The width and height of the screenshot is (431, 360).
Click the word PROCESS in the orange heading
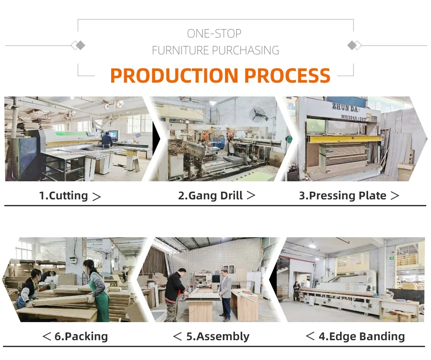click(287, 75)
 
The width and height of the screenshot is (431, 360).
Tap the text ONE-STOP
click(214, 33)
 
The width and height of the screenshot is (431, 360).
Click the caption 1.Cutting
click(63, 196)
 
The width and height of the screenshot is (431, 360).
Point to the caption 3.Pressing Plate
click(343, 196)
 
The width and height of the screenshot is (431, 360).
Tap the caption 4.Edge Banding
click(362, 336)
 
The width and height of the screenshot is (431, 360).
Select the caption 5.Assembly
click(218, 336)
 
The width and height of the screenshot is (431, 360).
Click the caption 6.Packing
click(81, 336)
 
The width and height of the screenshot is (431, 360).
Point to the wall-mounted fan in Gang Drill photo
click(258, 115)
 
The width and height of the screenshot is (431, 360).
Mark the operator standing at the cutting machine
click(106, 140)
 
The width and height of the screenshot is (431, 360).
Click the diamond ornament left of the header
click(78, 45)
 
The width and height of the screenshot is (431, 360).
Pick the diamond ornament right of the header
click(354, 45)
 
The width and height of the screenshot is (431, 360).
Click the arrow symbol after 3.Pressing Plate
click(394, 196)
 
